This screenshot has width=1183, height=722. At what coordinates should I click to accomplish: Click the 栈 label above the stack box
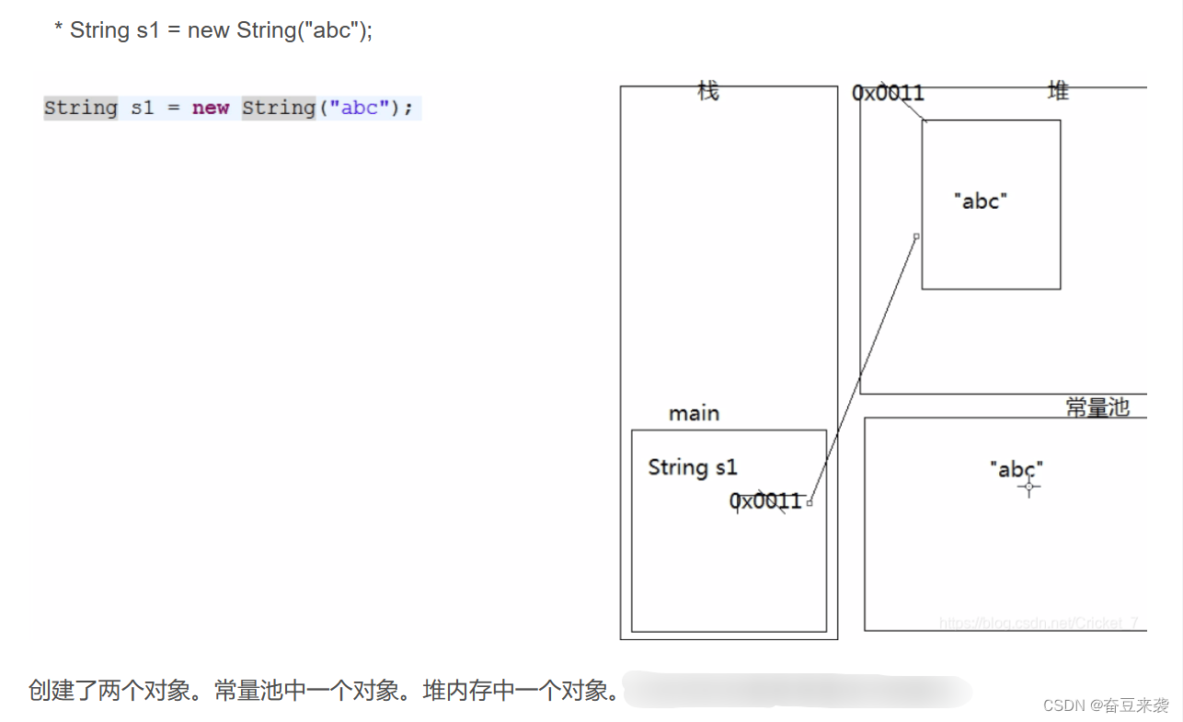click(707, 91)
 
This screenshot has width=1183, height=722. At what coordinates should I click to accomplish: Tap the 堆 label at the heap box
click(1058, 91)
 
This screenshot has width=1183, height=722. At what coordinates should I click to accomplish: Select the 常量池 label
click(1097, 407)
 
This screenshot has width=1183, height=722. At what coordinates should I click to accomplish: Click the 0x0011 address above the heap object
click(888, 93)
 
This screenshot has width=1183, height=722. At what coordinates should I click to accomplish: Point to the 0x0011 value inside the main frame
click(765, 501)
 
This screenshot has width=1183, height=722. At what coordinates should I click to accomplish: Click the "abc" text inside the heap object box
click(981, 201)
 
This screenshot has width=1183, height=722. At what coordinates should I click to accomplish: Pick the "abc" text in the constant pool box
click(1016, 469)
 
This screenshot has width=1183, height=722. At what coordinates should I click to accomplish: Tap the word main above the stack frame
click(694, 414)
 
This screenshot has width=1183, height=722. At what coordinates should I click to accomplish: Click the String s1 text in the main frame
click(692, 467)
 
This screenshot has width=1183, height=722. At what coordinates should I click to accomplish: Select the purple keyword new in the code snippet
click(210, 108)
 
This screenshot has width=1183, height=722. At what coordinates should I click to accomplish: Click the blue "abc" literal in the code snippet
click(360, 108)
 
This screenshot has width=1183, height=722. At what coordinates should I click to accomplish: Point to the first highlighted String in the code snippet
click(81, 108)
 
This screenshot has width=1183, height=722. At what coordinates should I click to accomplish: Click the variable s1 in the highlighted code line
click(142, 108)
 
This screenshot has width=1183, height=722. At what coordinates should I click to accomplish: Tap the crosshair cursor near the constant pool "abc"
click(1029, 487)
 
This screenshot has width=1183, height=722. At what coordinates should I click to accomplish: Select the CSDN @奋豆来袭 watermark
click(1106, 705)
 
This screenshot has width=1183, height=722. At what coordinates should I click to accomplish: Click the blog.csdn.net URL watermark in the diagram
click(1039, 623)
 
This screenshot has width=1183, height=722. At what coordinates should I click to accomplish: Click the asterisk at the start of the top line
click(58, 30)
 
